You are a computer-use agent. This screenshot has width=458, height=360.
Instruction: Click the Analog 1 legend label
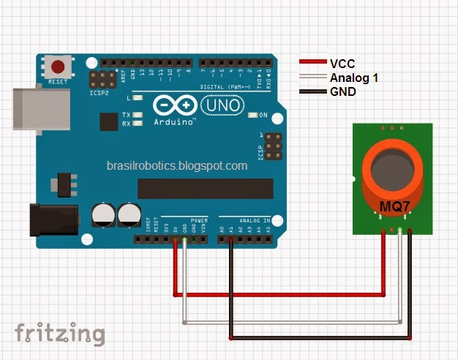point(354,78)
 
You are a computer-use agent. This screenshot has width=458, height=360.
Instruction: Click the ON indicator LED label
point(263,115)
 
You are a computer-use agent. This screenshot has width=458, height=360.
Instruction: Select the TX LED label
point(126,115)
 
